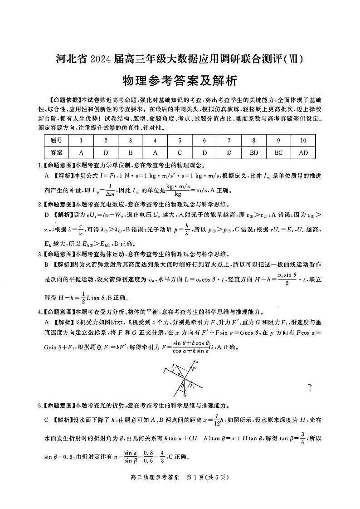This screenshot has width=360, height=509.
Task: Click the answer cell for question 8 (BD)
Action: (254, 152)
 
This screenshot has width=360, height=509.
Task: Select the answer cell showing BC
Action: (279, 152)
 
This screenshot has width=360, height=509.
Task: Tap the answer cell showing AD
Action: (303, 152)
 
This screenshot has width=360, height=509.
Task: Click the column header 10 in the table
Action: (303, 141)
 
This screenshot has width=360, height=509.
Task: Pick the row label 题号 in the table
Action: (56, 141)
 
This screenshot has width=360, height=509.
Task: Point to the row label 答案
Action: (56, 152)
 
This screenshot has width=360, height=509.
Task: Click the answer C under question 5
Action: (180, 152)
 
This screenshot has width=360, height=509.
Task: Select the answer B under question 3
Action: (130, 152)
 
